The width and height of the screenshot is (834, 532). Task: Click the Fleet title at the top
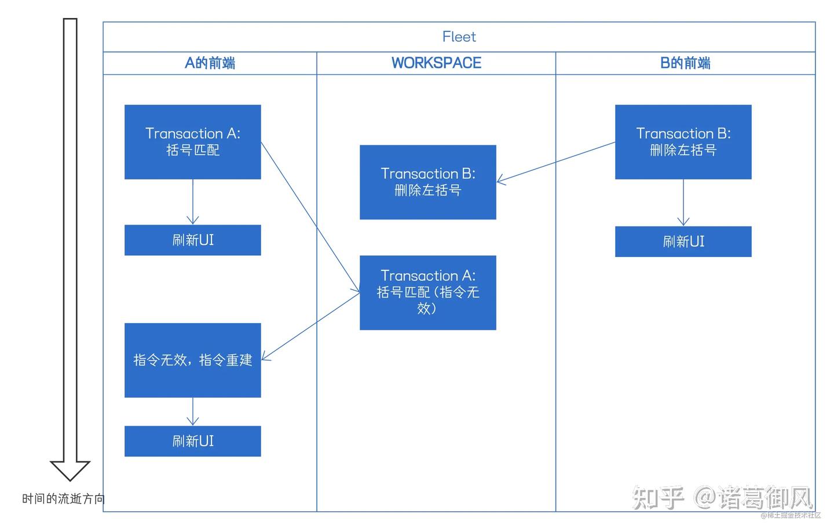coord(459,37)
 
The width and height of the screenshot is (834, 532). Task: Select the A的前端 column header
coord(210,63)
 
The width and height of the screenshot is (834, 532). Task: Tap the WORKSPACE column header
coord(436,63)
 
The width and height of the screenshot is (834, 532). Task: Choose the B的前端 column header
coord(685,63)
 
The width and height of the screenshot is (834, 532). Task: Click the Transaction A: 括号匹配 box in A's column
coord(192,142)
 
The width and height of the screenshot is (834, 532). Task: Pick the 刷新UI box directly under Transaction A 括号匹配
coord(192,240)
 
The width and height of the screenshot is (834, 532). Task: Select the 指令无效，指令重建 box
coord(192,360)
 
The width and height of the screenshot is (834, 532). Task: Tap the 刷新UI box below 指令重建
coord(192,441)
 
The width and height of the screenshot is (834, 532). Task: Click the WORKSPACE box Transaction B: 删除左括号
coord(427,182)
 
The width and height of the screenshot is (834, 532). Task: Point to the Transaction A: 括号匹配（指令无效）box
coord(427,292)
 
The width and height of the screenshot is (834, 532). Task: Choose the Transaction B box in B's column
coord(683,142)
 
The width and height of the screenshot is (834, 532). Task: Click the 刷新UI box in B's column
coord(683,241)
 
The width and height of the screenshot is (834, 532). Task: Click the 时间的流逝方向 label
coord(63,498)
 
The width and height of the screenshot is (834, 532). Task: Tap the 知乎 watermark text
coord(658,498)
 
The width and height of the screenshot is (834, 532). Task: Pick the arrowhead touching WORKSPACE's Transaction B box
coord(500,181)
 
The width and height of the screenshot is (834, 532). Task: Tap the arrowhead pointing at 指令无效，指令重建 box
coord(265,357)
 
